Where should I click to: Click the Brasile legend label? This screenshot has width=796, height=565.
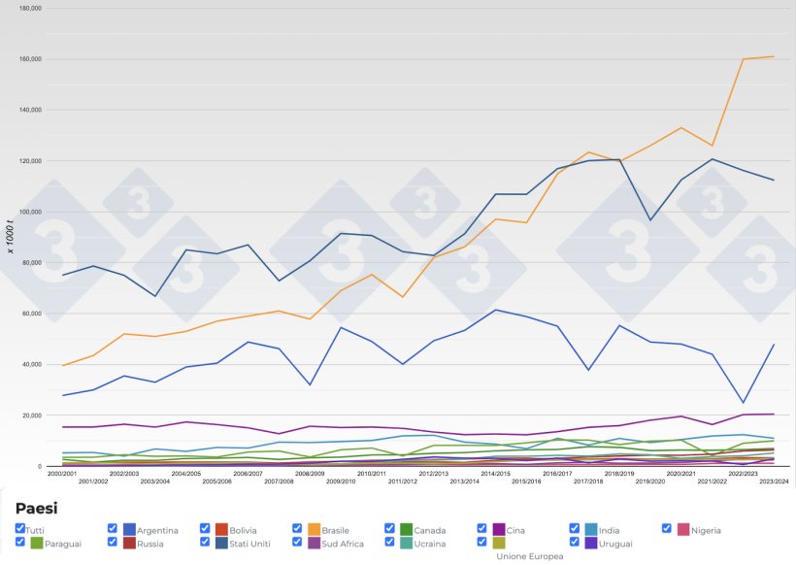[342, 530]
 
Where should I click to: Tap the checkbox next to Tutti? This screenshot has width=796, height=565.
[20, 528]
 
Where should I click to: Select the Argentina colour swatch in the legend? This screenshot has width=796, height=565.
[129, 530]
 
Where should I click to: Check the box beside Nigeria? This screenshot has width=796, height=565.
[667, 528]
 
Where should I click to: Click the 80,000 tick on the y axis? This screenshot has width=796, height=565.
[30, 263]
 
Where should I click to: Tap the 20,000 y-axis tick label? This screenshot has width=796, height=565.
[30, 415]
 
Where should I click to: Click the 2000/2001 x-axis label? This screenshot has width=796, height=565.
[62, 474]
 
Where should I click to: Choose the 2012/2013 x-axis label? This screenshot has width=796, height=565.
[433, 474]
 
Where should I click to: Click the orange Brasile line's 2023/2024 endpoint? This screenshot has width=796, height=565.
[774, 56]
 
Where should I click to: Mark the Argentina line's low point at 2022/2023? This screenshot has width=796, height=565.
[744, 403]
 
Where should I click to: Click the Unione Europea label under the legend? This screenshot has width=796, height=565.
[530, 556]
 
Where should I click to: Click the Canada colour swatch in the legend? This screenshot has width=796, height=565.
[407, 530]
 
